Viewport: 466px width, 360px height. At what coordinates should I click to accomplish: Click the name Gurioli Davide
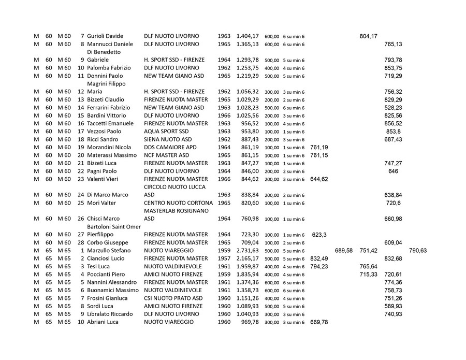click(x=105, y=36)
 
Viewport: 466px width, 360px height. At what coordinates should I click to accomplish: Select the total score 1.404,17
click(x=247, y=36)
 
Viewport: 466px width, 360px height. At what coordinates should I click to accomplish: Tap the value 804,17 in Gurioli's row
click(x=368, y=36)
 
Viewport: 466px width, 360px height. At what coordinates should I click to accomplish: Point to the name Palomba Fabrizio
click(x=109, y=68)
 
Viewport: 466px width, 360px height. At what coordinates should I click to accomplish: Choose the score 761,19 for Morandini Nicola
click(x=318, y=148)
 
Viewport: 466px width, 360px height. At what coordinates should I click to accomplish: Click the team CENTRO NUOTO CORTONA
click(x=178, y=203)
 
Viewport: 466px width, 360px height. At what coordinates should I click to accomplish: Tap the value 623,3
click(x=319, y=235)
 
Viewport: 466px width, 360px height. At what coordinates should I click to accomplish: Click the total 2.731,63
click(x=247, y=251)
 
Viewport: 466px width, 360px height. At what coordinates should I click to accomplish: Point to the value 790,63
click(x=418, y=251)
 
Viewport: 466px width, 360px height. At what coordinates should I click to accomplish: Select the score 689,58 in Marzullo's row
click(x=344, y=251)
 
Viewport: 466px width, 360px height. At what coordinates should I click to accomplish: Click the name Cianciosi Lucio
click(x=106, y=258)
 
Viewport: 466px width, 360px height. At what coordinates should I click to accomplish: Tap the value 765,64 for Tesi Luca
click(x=368, y=266)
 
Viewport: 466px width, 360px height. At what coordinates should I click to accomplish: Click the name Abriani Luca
click(x=103, y=322)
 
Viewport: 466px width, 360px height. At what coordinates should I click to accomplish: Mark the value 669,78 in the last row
click(x=318, y=322)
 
